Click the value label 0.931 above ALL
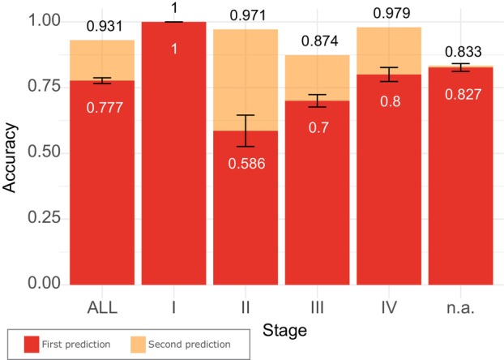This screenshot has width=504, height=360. pyautogui.click(x=105, y=27)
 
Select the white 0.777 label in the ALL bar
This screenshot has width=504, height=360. pyautogui.click(x=105, y=108)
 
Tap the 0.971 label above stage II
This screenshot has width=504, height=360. pyautogui.click(x=248, y=15)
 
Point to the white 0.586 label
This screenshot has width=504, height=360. pyautogui.click(x=247, y=164)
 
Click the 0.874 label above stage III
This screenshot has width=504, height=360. pyautogui.click(x=320, y=41)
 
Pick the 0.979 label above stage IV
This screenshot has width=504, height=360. pyautogui.click(x=392, y=13)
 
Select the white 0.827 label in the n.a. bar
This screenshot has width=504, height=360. pyautogui.click(x=463, y=95)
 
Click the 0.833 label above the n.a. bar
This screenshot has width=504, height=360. pyautogui.click(x=463, y=51)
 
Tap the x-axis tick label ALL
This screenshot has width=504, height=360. pyautogui.click(x=102, y=307)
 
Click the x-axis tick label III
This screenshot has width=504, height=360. pyautogui.click(x=318, y=307)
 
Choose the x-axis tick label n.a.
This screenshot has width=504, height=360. pyautogui.click(x=460, y=308)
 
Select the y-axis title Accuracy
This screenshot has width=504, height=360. pyautogui.click(x=9, y=157)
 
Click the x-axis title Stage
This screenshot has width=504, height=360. pyautogui.click(x=284, y=331)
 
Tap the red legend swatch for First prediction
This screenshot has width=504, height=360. pyautogui.click(x=32, y=345)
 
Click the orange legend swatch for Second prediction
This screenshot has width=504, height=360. pyautogui.click(x=138, y=345)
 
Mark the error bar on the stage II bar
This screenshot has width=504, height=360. pyautogui.click(x=246, y=131)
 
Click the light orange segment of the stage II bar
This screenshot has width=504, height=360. pyautogui.click(x=246, y=80)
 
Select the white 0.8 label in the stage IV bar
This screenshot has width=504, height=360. pyautogui.click(x=391, y=101)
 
